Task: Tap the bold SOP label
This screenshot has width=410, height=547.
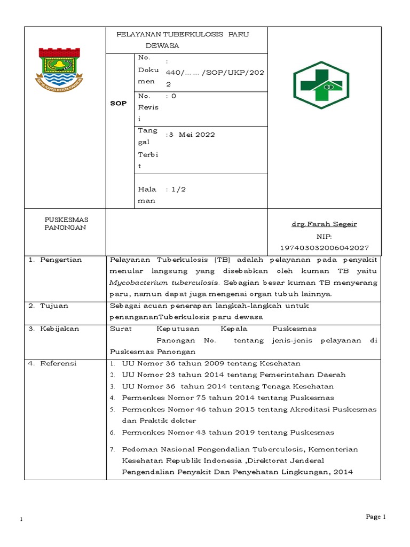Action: [x=118, y=103]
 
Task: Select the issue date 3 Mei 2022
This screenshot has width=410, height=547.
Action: [x=192, y=135]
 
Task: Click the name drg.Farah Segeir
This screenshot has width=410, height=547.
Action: [x=324, y=224]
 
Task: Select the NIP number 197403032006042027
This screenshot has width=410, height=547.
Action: [x=324, y=248]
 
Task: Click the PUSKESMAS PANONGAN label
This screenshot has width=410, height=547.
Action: [x=66, y=223]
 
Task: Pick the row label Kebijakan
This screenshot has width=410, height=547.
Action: [x=59, y=329]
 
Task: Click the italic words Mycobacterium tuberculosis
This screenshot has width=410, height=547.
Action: [x=163, y=282]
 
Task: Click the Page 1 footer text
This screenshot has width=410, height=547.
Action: [x=375, y=517]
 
